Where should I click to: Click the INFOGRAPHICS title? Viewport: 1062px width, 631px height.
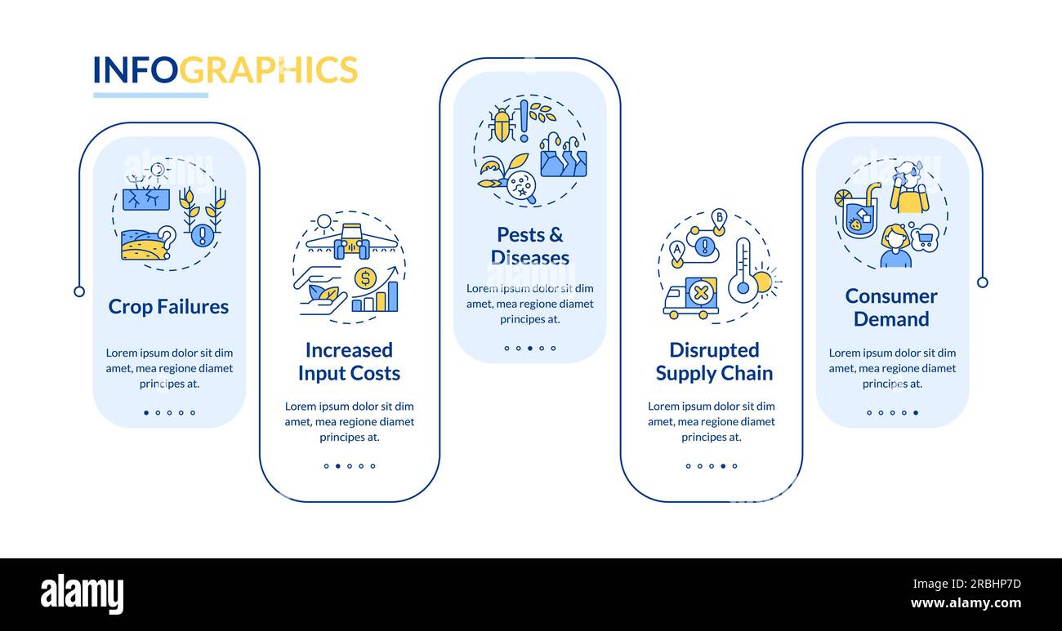point(225,69)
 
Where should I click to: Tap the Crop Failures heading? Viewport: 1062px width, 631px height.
point(168,307)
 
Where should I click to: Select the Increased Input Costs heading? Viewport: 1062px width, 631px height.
point(350,362)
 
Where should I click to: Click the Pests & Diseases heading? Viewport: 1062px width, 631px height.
point(530,247)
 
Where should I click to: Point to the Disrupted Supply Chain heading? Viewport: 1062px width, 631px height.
point(714,362)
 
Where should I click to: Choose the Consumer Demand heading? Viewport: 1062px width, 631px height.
point(891,308)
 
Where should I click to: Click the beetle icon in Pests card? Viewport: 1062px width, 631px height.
point(501,124)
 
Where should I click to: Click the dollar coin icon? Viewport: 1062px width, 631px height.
point(365,278)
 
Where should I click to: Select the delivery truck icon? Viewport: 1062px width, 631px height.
point(691,297)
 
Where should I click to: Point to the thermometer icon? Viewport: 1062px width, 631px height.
point(743,270)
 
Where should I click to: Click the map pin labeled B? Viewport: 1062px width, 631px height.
point(719,221)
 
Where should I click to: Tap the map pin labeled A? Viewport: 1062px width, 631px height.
point(677,253)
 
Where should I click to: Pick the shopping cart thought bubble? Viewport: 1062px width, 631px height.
point(924,238)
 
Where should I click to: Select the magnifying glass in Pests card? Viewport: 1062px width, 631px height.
point(521,188)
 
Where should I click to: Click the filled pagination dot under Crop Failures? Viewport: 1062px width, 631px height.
point(146,412)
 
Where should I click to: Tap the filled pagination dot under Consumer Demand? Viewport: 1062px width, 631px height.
point(916,412)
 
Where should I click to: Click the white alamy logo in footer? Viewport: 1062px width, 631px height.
point(82,593)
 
